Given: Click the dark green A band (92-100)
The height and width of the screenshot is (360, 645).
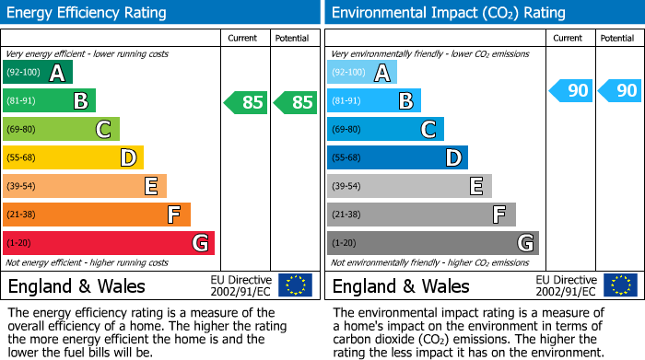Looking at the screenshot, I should click(38, 73).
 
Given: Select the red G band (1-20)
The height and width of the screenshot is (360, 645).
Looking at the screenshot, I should click(109, 243).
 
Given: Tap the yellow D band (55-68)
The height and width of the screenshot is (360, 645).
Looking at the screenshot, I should click(73, 157).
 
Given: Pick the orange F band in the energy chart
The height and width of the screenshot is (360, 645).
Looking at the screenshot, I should click(97, 215).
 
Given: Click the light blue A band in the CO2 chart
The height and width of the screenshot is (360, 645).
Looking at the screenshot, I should click(362, 73).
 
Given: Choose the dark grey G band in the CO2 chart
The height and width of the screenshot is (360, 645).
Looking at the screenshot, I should click(432, 243).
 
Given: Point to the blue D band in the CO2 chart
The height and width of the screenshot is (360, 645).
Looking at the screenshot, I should click(397, 157).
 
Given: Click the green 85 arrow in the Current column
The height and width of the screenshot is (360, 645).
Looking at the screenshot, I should click(246, 102).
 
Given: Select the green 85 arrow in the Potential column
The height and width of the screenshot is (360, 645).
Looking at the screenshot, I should click(294, 102).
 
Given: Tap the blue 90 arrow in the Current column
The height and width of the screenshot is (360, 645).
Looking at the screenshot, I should click(570, 90).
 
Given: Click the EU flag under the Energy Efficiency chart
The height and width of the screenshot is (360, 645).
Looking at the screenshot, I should click(295, 285).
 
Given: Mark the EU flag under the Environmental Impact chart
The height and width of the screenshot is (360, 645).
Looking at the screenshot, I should click(620, 285).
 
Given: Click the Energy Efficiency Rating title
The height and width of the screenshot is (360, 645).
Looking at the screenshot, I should click(88, 13).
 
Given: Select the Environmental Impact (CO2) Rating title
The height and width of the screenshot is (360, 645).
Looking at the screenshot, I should click(448, 13).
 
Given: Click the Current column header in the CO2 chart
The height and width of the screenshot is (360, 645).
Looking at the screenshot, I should click(569, 38).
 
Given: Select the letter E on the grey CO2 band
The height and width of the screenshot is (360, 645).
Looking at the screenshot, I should click(475, 186).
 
